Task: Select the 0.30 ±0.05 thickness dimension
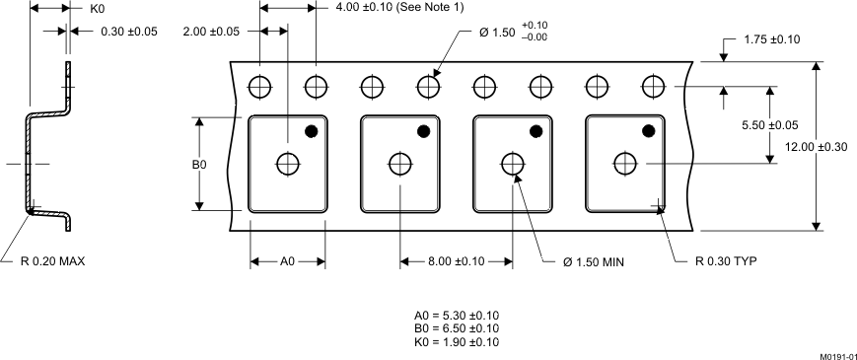tap(129, 32)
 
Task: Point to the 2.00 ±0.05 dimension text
tap(211, 32)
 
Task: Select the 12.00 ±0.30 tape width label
tap(817, 147)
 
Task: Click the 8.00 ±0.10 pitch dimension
tap(456, 262)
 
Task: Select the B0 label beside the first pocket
tap(199, 165)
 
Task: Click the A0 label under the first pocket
tap(288, 262)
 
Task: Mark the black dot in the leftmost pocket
tap(311, 130)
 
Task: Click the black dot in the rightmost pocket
tap(649, 130)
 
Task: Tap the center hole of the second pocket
tap(400, 163)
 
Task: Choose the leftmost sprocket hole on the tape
tap(260, 87)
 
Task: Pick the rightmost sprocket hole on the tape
tap(651, 87)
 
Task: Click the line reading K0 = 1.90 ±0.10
tap(456, 342)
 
